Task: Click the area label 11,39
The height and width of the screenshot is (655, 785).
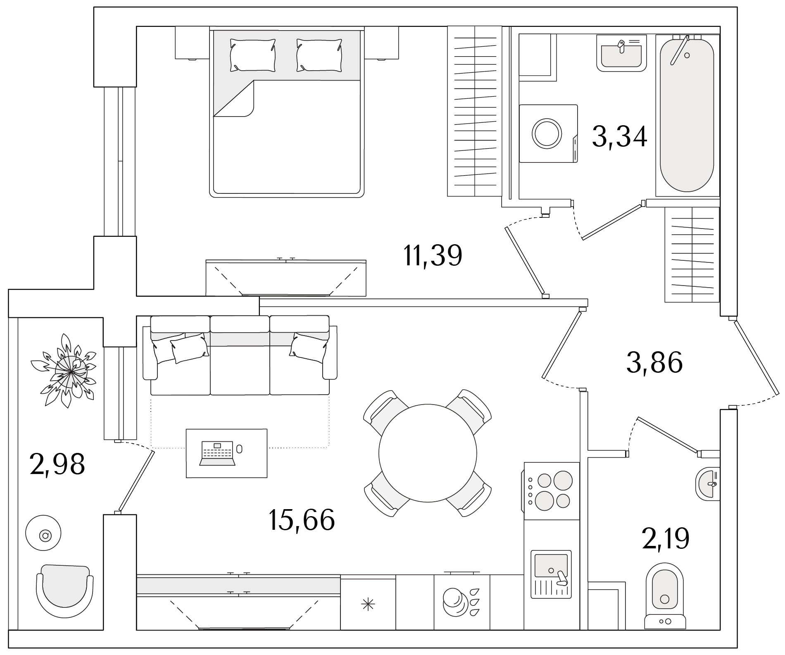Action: (x=432, y=255)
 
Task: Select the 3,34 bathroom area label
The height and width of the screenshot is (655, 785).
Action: (x=619, y=136)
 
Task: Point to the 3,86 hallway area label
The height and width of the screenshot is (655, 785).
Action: (x=654, y=362)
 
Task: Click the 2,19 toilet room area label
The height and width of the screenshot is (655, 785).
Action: (x=666, y=538)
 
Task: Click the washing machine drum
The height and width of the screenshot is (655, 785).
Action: (x=547, y=133)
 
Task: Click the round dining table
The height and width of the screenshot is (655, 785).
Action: (x=428, y=453)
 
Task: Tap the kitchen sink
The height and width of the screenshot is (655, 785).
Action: (x=551, y=575)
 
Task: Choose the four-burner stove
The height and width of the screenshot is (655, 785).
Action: (x=551, y=491)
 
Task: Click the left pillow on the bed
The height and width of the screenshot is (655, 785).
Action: (x=252, y=55)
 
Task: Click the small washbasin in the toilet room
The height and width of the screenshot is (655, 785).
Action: (x=708, y=484)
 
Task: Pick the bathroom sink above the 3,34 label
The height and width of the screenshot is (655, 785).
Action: (x=621, y=53)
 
